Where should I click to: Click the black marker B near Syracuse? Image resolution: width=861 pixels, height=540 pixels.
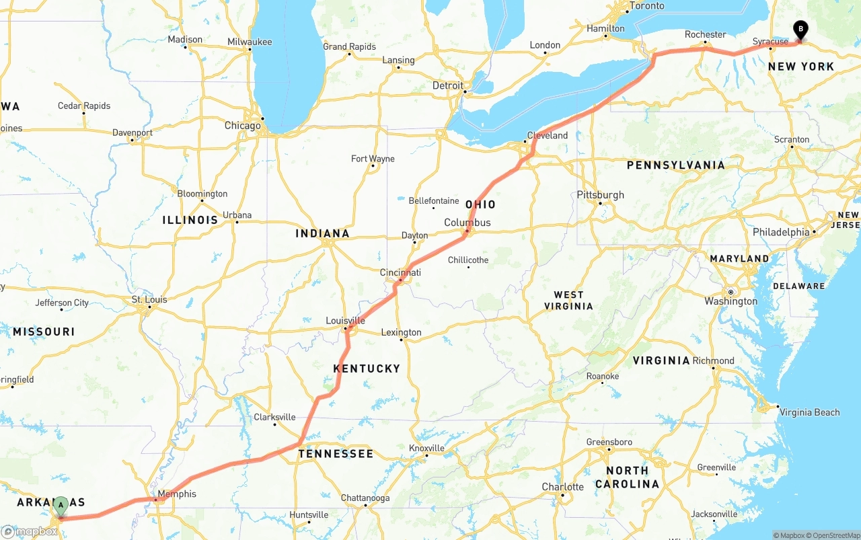[800, 30]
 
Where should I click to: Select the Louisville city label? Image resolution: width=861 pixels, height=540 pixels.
[345, 321]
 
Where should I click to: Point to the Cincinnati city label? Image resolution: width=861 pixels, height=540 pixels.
[400, 272]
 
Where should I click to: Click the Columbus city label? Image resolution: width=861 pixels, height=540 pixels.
[467, 223]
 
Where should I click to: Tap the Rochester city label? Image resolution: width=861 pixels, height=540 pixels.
[705, 34]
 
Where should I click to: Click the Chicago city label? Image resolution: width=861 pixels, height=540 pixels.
[242, 126]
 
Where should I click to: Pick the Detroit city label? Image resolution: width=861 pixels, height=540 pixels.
[448, 85]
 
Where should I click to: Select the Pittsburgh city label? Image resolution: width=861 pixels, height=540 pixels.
[600, 195]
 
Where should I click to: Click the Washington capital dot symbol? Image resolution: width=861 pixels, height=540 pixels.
[730, 292]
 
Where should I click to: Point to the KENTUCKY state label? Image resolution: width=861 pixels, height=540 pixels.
[367, 369]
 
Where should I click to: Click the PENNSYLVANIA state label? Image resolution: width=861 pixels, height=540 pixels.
[675, 165]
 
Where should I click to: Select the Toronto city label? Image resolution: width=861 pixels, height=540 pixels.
[646, 6]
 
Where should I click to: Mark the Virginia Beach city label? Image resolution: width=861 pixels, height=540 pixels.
[809, 412]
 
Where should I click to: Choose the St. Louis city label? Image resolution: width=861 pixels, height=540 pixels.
[149, 299]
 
